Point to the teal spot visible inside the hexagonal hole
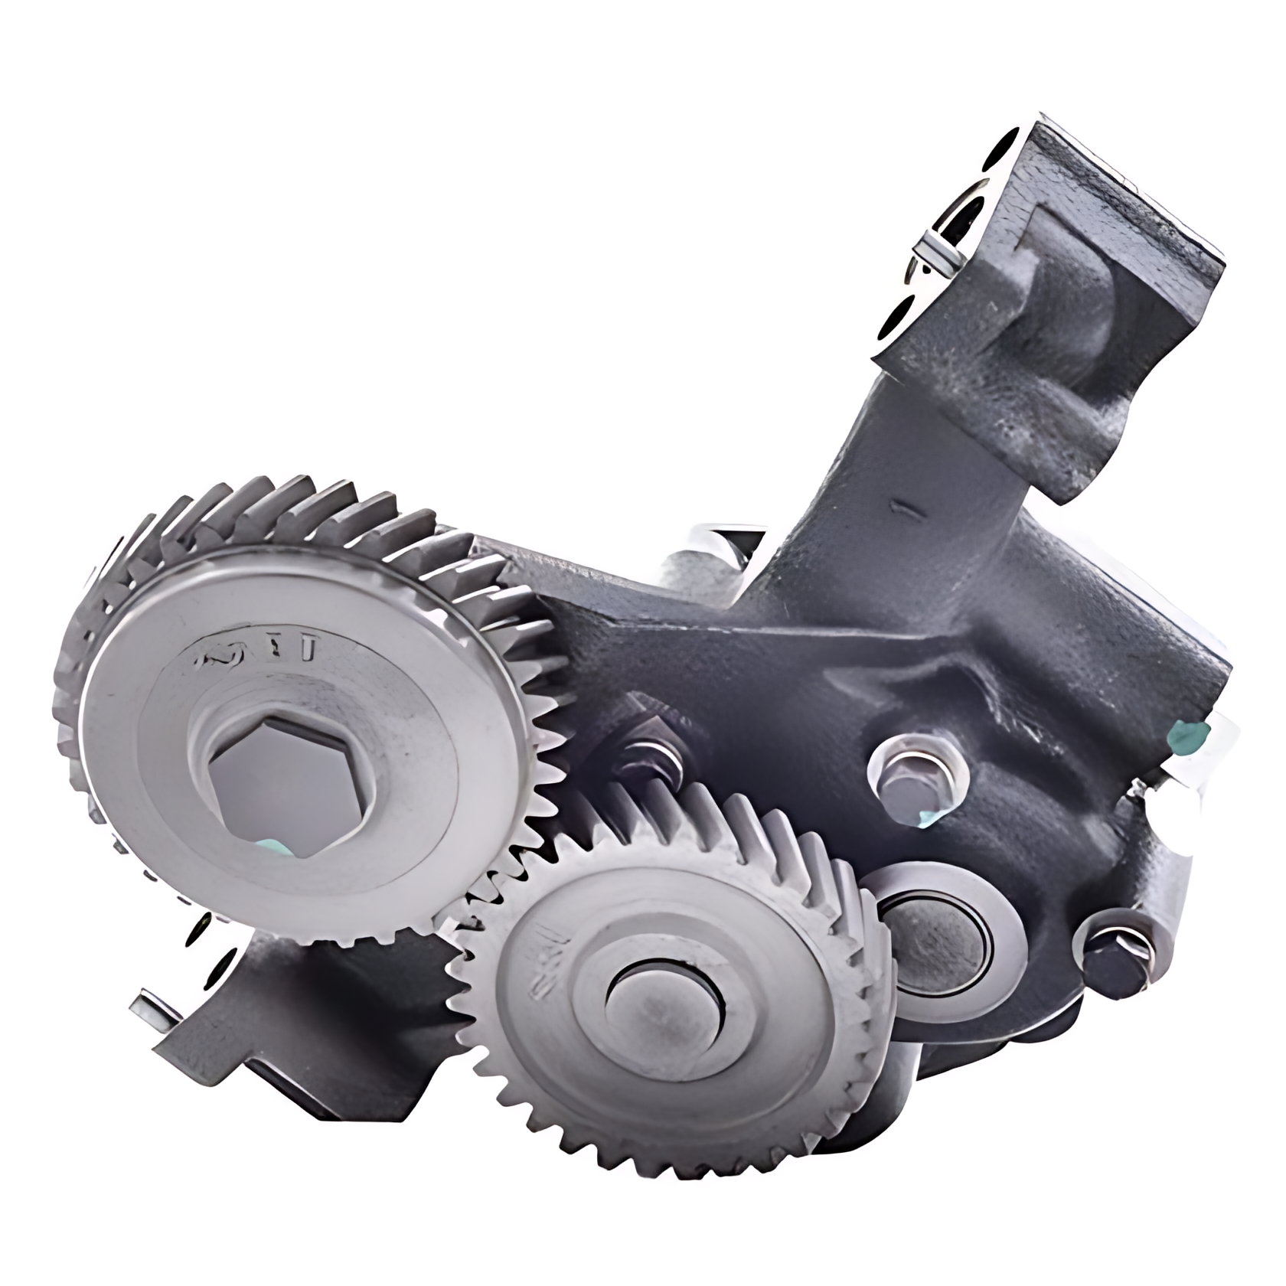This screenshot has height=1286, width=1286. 269,846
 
